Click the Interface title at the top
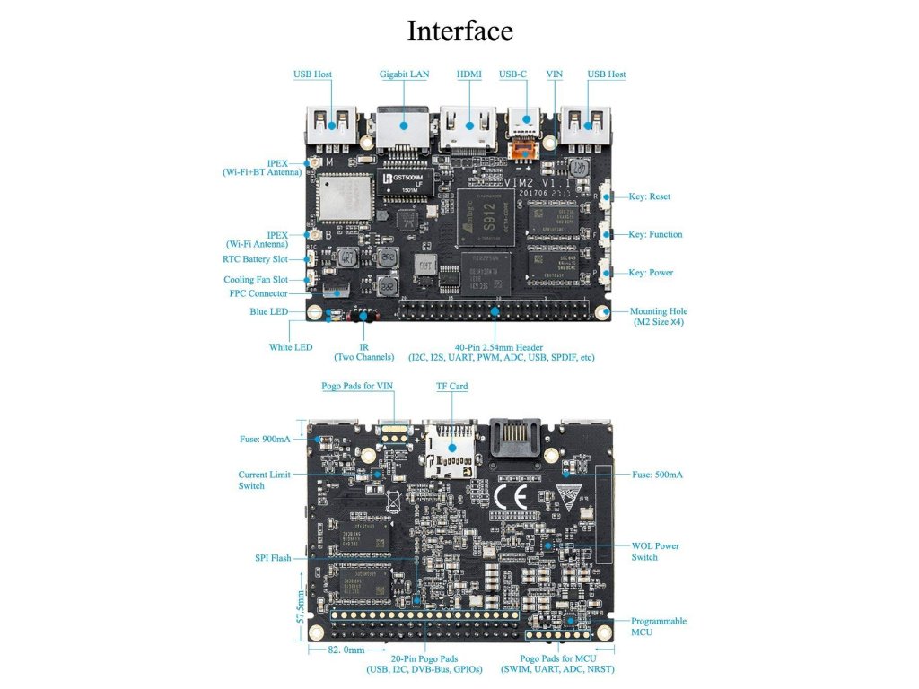coord(459,31)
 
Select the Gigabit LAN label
coord(403,74)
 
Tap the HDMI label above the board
coord(468,74)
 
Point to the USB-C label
coord(512,74)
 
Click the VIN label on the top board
coord(554,74)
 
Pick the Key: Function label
coord(655,234)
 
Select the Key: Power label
coord(650,272)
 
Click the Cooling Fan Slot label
coord(257,280)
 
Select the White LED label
coord(291,347)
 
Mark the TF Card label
coord(451,387)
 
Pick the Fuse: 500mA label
coord(657,475)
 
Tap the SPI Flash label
coord(273,558)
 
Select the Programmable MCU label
coord(659,626)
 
